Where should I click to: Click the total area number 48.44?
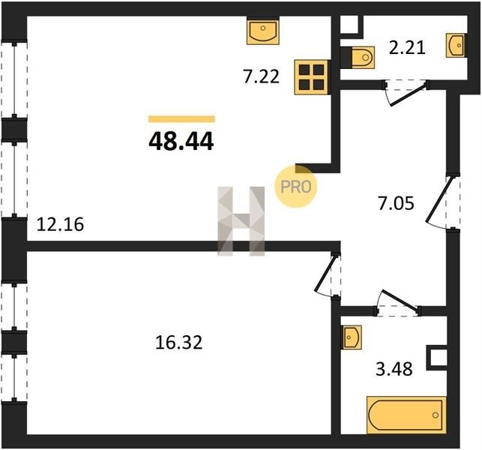point(181,140)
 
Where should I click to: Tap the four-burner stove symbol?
point(310,76)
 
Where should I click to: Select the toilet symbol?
point(361,55)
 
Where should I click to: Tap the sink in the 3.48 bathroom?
point(353,337)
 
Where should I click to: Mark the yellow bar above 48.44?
point(181,118)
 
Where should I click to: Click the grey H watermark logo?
point(241,220)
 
